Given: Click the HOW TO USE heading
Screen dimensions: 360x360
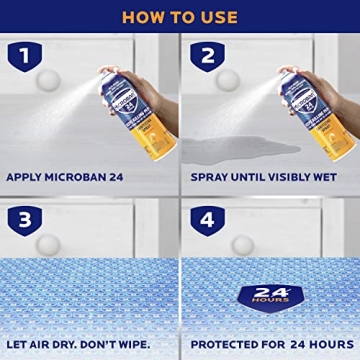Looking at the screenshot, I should [180, 16].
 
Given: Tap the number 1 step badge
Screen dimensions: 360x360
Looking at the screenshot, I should [25, 56].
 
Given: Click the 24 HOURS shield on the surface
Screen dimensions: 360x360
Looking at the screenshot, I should [269, 296].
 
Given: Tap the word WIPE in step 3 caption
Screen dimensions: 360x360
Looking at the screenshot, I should [129, 345].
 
